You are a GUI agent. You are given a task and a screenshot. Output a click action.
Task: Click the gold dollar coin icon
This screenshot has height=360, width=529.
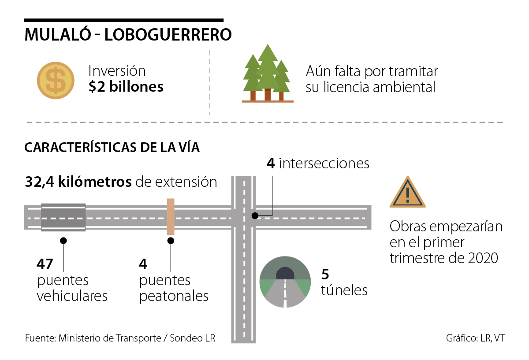[x=56, y=80]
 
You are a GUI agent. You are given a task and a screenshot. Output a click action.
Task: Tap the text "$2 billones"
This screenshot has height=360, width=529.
[x=126, y=87]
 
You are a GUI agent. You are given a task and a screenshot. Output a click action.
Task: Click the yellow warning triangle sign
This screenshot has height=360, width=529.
[x=407, y=193]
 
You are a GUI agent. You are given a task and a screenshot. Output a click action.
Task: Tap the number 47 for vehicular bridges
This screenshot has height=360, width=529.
[x=45, y=264]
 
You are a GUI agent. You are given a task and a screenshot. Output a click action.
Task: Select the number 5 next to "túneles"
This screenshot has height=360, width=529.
[x=325, y=275]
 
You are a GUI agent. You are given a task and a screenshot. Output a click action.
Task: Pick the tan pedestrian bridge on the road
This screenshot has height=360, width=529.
[x=171, y=216]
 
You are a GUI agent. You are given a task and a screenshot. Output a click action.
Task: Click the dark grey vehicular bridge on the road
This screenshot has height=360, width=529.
[x=63, y=217]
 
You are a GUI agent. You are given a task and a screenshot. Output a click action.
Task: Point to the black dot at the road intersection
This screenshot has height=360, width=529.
[x=254, y=216]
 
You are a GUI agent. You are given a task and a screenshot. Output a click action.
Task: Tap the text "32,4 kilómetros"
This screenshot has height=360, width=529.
[x=78, y=182]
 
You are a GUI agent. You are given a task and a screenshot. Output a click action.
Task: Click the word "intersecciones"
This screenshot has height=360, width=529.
[x=324, y=164]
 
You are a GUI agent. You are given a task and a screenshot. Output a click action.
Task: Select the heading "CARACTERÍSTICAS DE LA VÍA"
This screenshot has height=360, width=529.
[x=112, y=147]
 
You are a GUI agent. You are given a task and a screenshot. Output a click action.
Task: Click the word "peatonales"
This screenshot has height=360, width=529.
[x=174, y=296]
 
